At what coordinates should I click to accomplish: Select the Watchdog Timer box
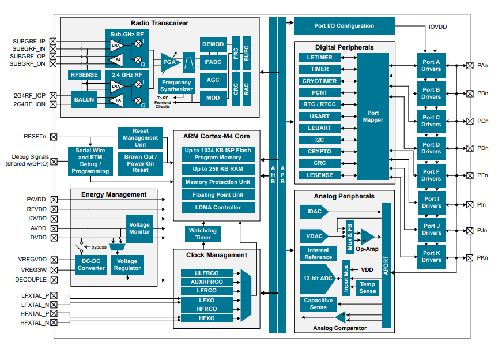click(x=203, y=234)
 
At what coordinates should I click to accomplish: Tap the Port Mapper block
click(x=373, y=117)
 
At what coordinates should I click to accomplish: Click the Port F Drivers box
click(x=431, y=175)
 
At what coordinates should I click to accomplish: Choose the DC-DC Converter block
click(x=90, y=264)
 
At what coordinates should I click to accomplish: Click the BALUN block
click(x=85, y=100)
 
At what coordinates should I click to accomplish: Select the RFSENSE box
click(x=84, y=75)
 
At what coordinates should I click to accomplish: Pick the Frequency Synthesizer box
click(x=176, y=86)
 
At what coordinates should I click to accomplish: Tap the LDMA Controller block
click(x=218, y=208)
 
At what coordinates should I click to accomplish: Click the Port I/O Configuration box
click(x=344, y=26)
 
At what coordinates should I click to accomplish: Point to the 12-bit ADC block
click(x=316, y=278)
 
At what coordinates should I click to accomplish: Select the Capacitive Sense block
click(x=318, y=304)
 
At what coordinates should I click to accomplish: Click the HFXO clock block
click(x=207, y=318)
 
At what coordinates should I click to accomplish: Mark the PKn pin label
click(x=482, y=257)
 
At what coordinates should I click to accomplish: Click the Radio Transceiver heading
click(x=160, y=24)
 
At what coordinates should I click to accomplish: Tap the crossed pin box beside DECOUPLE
click(x=54, y=280)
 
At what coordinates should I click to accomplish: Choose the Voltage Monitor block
click(x=139, y=228)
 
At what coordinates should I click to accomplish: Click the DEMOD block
click(x=213, y=44)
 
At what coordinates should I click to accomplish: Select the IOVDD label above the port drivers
click(x=437, y=27)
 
